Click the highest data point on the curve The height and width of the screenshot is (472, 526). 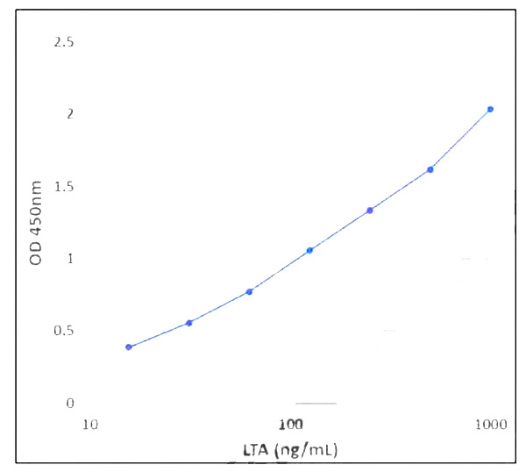pyautogui.click(x=490, y=109)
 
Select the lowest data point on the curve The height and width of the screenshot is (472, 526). pyautogui.click(x=129, y=347)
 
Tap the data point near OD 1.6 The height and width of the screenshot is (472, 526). pyautogui.click(x=430, y=169)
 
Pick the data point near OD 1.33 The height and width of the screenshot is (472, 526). pyautogui.click(x=370, y=211)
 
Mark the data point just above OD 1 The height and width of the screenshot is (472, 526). pyautogui.click(x=309, y=251)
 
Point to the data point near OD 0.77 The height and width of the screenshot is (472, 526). pyautogui.click(x=250, y=291)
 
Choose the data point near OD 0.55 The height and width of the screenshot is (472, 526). pyautogui.click(x=189, y=323)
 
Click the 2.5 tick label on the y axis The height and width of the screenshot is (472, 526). pyautogui.click(x=64, y=42)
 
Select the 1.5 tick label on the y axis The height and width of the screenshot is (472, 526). pyautogui.click(x=64, y=187)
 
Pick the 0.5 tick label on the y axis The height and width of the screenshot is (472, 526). pyautogui.click(x=64, y=332)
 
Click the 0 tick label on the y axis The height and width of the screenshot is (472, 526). pyautogui.click(x=70, y=404)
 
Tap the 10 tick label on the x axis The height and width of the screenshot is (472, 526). pyautogui.click(x=89, y=426)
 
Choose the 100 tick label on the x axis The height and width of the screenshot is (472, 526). pyautogui.click(x=291, y=426)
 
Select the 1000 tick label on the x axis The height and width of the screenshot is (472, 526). pyautogui.click(x=491, y=426)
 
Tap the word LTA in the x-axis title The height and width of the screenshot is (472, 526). pyautogui.click(x=257, y=451)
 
